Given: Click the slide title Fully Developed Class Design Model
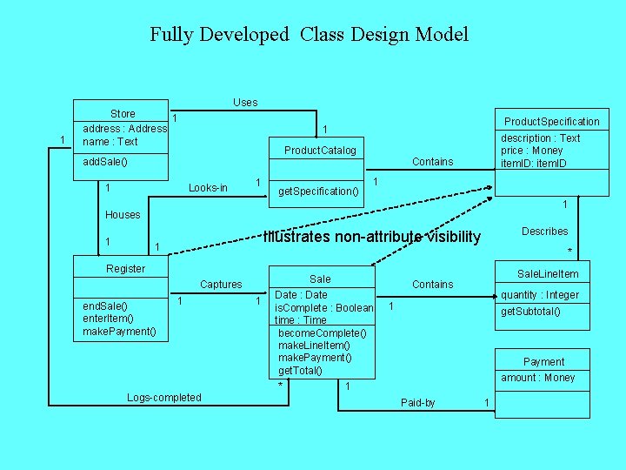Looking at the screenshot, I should coord(309,35).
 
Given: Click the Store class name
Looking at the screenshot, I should coord(123,114).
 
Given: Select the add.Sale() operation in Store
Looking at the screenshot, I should coord(105,162).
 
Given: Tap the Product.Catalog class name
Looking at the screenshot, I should coord(320,151).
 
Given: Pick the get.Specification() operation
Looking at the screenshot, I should coord(317,191).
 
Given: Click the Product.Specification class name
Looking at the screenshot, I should coord(552,122).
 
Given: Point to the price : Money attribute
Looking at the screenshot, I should coord(532,151).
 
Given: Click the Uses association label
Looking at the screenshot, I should coord(245,103).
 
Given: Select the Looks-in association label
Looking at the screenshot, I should coord(208,188).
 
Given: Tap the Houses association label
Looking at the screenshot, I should coord(123,215).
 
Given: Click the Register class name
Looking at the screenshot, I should coord(125,269).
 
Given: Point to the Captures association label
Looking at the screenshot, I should coord(221,285).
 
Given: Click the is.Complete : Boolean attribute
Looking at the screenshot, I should coord(323,308).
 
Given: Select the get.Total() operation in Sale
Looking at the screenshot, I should coord(300,371).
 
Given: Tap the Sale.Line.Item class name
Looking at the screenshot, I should coord(548,274).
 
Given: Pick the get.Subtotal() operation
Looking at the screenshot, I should coord(530,312).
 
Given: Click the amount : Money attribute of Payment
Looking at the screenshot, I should coord(537,378).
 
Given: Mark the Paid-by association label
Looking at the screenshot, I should coord(418,403).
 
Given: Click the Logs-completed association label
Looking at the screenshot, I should coord(163,398).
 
